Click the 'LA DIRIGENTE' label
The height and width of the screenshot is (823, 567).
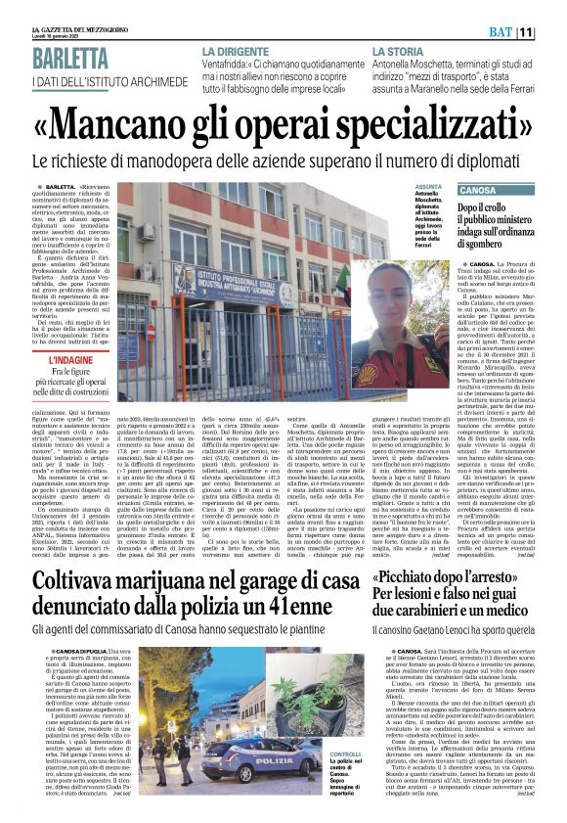point(235,49)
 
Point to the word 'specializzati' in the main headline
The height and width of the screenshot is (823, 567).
point(430,121)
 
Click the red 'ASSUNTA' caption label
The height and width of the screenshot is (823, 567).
point(428,185)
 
